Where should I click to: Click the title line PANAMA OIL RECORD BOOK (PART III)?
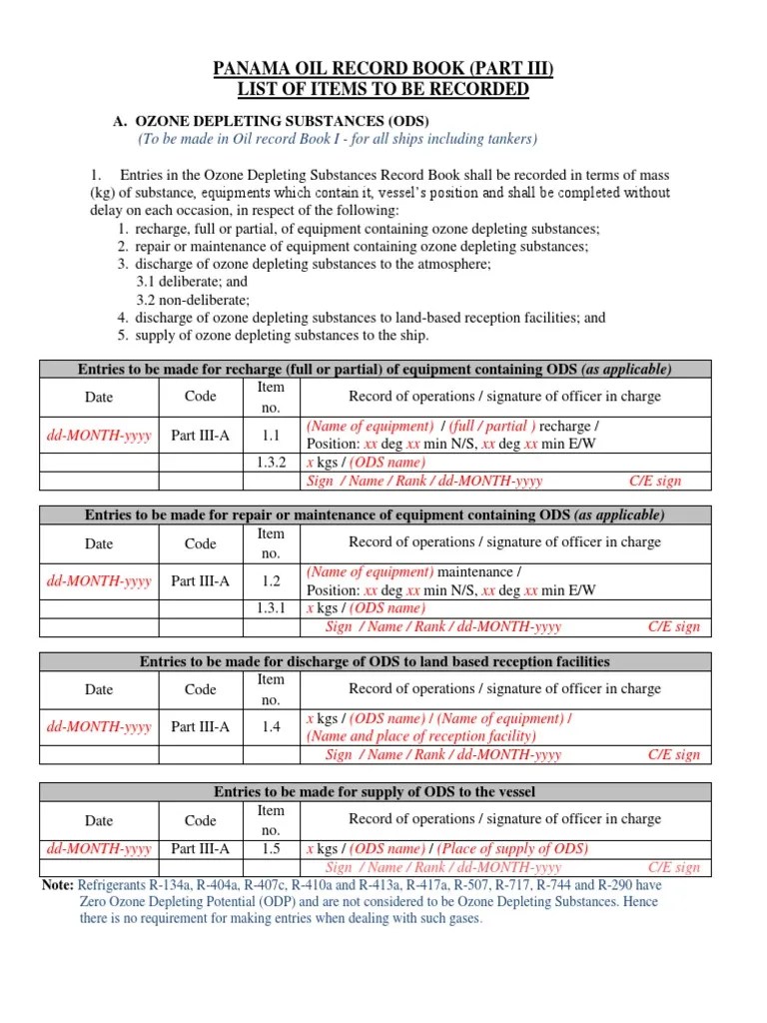click(x=383, y=69)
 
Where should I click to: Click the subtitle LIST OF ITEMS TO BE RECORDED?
click(x=383, y=90)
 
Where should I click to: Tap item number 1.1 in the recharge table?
click(x=271, y=436)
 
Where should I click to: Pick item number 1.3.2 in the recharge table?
click(x=271, y=463)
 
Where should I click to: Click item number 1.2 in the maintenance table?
click(x=271, y=581)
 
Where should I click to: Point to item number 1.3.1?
click(x=271, y=608)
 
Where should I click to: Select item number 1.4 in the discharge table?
click(x=271, y=727)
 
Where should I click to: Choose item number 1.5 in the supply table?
click(x=271, y=849)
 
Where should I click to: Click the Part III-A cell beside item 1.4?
click(x=200, y=727)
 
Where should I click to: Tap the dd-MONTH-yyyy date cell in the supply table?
click(x=99, y=849)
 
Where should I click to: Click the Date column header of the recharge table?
click(x=99, y=397)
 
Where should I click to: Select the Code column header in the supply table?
click(x=200, y=820)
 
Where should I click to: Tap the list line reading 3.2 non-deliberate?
click(x=193, y=300)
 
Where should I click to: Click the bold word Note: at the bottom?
click(x=57, y=885)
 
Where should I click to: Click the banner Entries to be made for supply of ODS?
click(x=375, y=792)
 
